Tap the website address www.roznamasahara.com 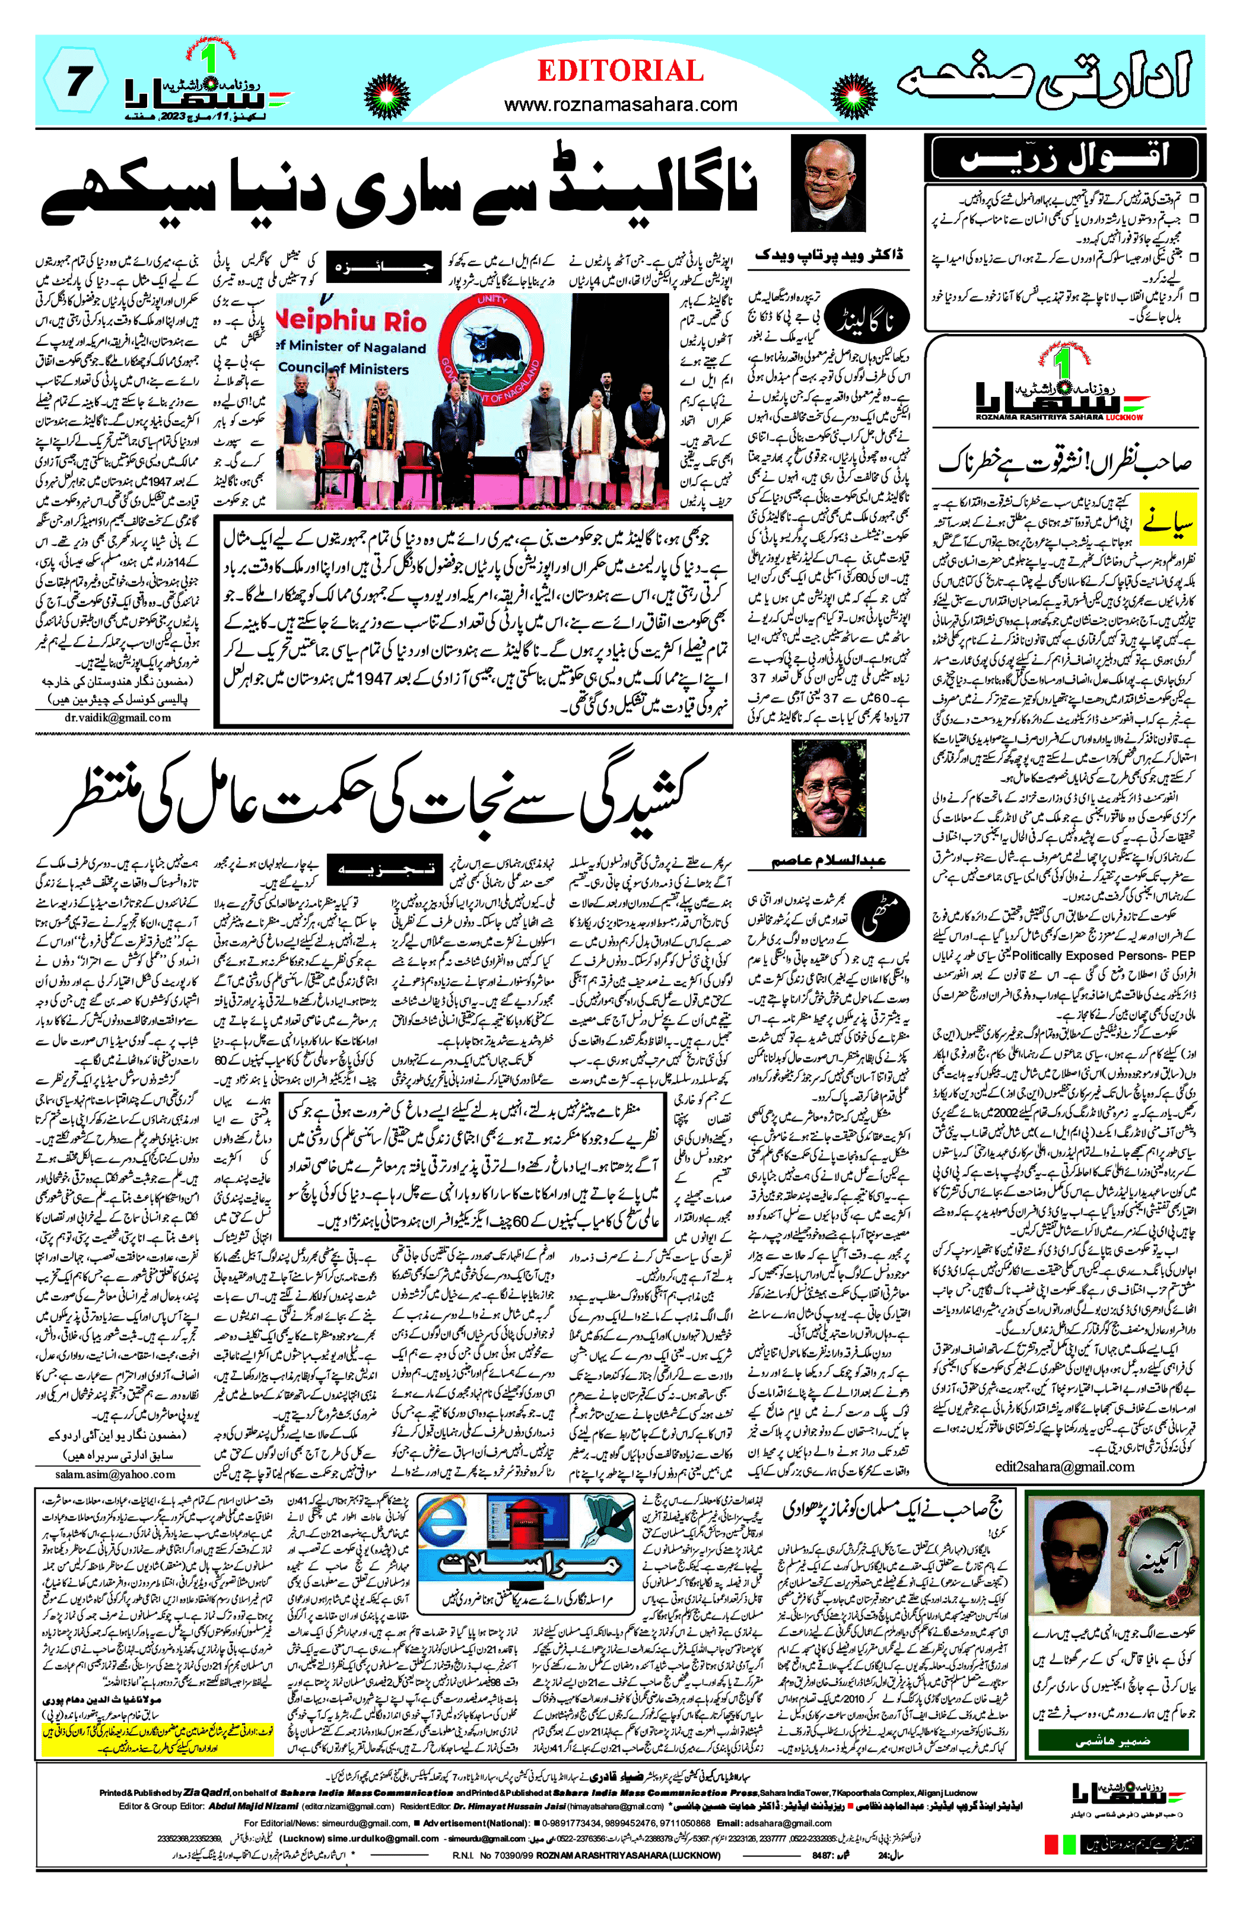click(620, 104)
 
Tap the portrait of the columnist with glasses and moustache click(828, 789)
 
